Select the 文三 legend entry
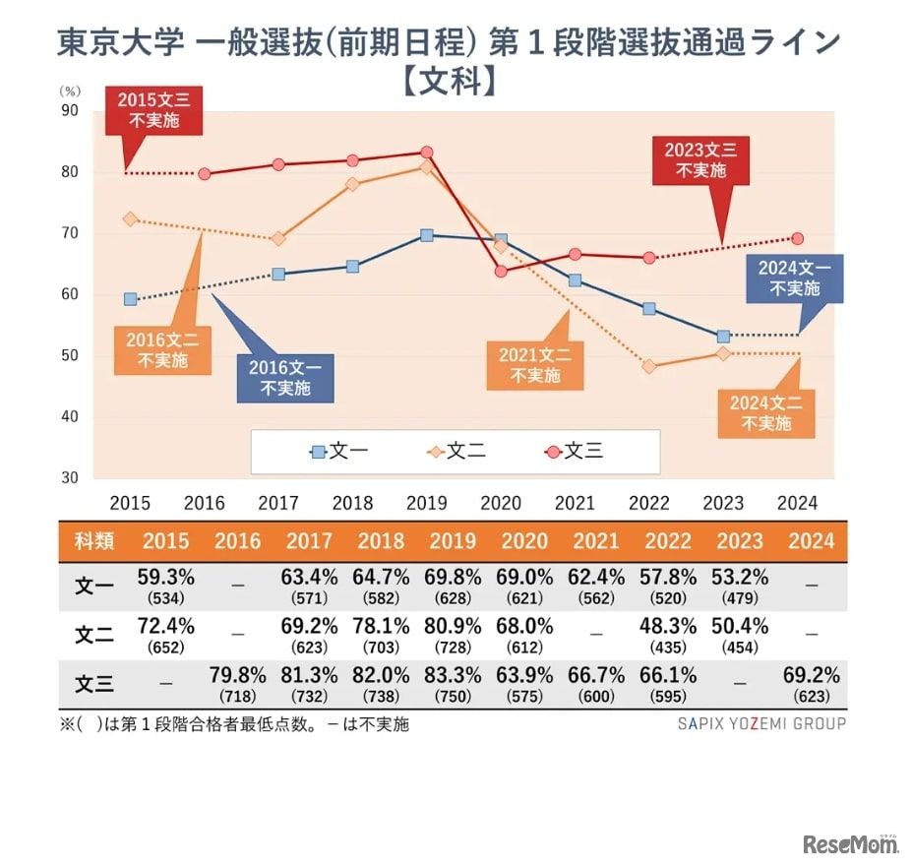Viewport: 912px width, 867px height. point(575,452)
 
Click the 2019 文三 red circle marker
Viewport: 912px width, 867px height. point(427,153)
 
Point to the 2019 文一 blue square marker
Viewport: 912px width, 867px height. point(426,235)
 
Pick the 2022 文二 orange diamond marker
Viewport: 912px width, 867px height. point(649,366)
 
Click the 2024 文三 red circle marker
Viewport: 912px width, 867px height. point(797,238)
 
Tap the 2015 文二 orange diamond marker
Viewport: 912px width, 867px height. point(130,218)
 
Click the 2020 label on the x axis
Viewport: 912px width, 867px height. point(501,503)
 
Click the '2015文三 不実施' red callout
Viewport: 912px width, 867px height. point(152,111)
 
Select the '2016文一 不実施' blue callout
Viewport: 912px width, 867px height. point(285,378)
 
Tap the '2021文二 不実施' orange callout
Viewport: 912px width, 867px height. point(535,365)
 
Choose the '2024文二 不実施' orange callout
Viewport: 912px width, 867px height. point(766,412)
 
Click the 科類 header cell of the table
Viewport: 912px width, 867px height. point(94,540)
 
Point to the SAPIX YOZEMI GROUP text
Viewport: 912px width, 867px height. point(761,723)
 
